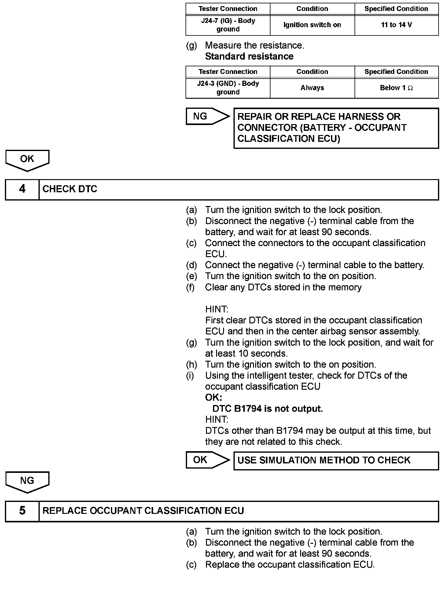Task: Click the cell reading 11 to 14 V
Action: tap(396, 25)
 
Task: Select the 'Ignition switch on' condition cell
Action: tap(312, 25)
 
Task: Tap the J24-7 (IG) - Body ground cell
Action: tap(228, 25)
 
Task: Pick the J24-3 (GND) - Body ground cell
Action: tap(228, 88)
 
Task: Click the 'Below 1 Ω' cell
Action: tap(396, 88)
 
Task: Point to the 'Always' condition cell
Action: tap(312, 88)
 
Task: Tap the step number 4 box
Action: tap(22, 190)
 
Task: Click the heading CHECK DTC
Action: tap(70, 190)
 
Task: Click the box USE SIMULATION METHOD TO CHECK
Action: tap(336, 461)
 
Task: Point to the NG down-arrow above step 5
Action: tap(27, 482)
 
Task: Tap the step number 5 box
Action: tap(22, 511)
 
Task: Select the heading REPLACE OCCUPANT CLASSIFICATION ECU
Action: tap(143, 511)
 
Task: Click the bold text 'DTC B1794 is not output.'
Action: tap(267, 409)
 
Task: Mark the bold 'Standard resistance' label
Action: tap(249, 57)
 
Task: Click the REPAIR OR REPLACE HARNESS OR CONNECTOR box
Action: tap(336, 128)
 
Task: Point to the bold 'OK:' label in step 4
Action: tap(214, 398)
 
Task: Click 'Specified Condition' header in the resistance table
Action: tap(396, 72)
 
